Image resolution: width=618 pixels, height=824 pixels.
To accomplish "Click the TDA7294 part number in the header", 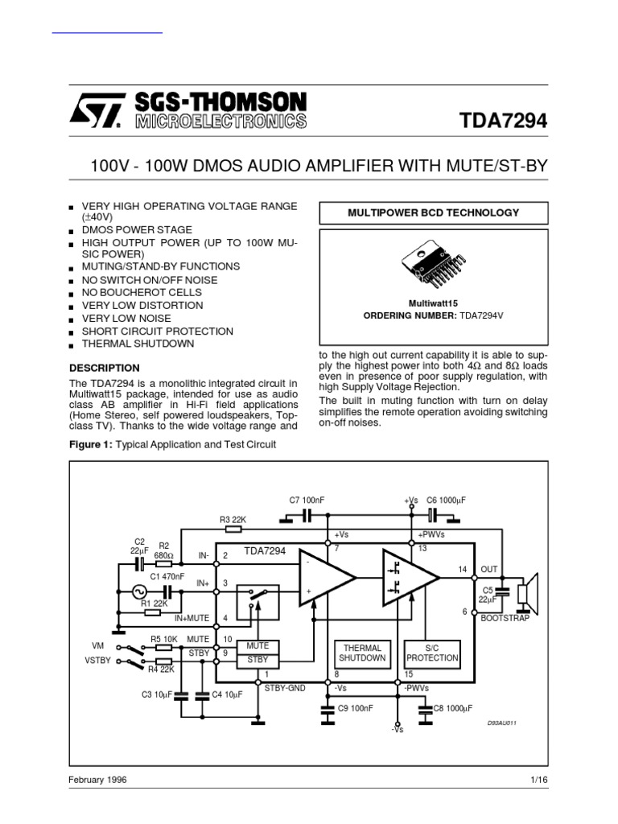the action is [503, 121].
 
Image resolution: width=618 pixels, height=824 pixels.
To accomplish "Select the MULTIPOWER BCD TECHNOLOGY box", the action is [433, 213].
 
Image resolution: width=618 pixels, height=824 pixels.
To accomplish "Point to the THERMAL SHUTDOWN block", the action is [362, 653].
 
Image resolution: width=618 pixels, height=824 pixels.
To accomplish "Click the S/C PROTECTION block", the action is [436, 653].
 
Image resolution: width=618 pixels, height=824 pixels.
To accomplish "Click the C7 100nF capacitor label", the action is [307, 500].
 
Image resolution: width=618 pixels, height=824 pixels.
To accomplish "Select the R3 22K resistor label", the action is [233, 520].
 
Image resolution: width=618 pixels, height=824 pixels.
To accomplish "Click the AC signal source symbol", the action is [138, 593].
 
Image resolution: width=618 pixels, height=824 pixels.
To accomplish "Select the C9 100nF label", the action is [355, 708].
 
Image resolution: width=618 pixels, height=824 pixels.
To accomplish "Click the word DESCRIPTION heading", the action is [105, 368].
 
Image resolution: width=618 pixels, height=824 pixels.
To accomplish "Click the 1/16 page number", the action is [539, 780].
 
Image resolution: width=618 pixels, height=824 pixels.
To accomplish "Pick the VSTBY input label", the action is [96, 662].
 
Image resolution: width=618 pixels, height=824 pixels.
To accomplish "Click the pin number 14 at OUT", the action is [462, 569].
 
